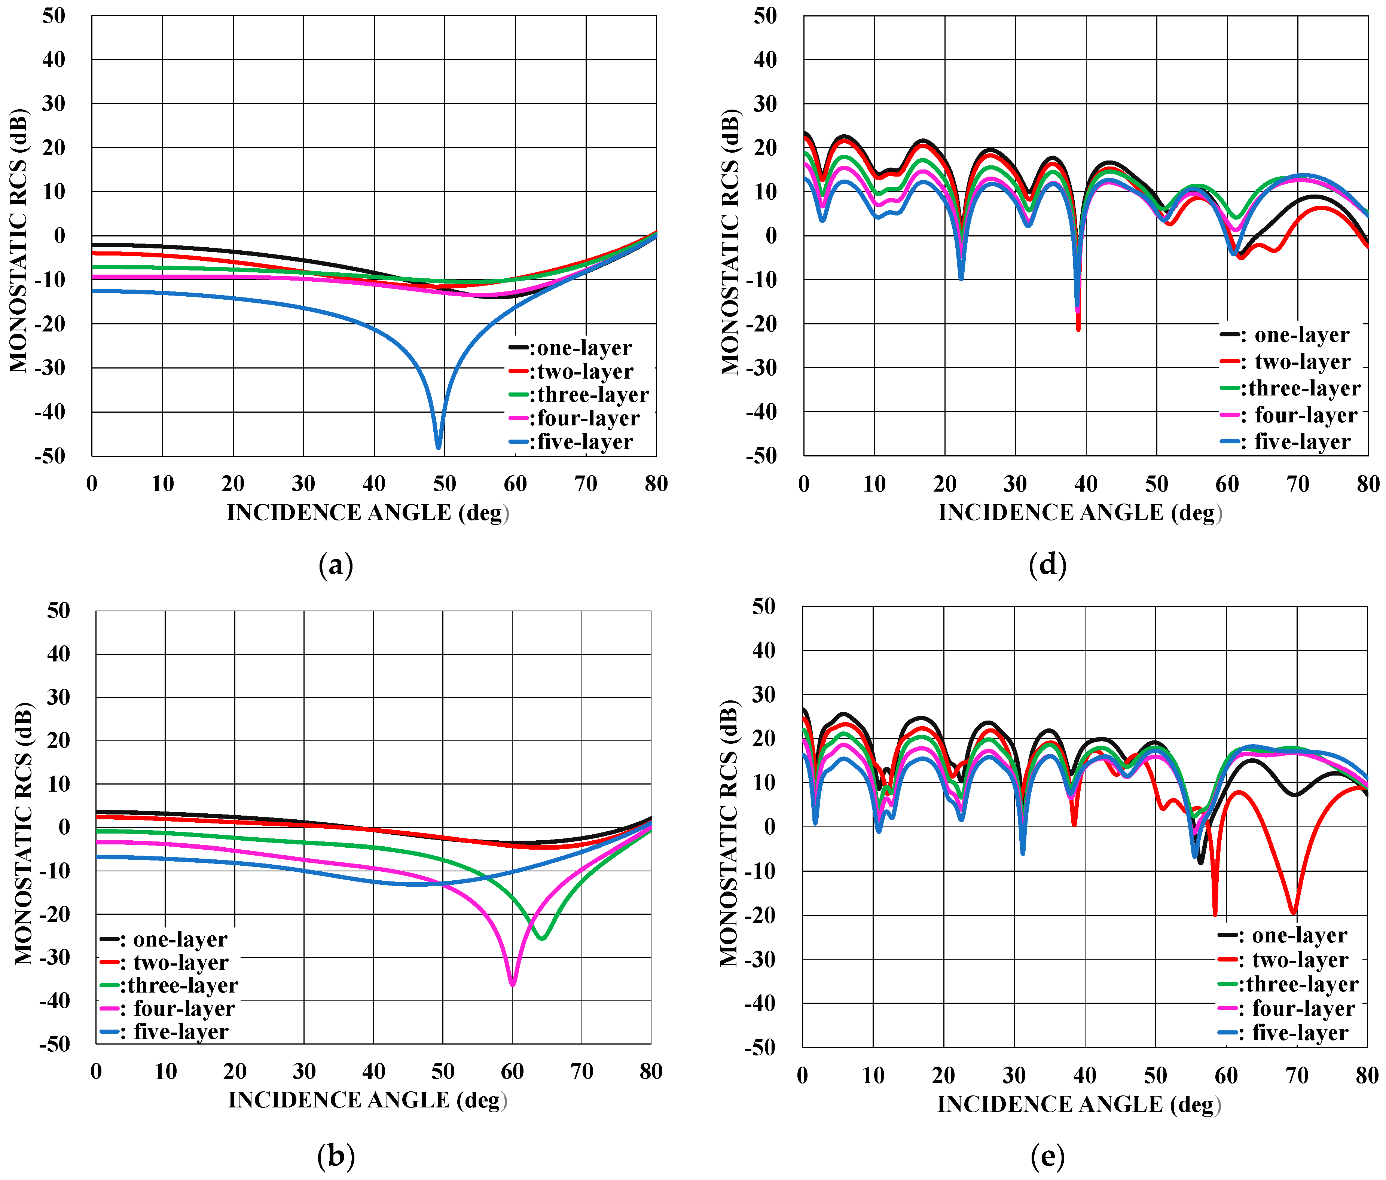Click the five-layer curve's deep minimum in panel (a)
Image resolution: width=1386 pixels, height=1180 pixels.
(438, 447)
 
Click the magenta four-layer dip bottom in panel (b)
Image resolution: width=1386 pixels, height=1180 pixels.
(512, 984)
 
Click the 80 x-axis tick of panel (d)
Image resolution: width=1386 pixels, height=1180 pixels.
(1368, 484)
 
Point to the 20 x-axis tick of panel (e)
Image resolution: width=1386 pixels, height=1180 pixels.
(943, 1076)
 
